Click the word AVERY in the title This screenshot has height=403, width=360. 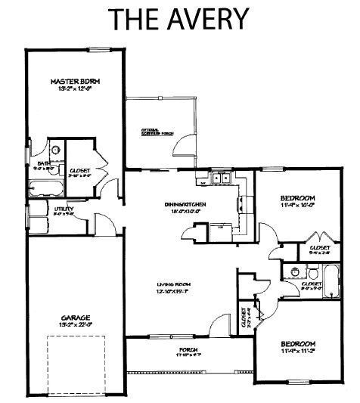point(209,18)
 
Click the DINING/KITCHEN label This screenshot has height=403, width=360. point(186,204)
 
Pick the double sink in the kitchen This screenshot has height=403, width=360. point(221,180)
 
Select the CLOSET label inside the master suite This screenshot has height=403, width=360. point(80,171)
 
